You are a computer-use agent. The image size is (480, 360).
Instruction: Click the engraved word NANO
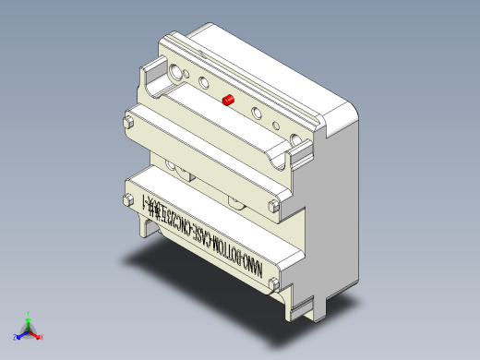point(253,265)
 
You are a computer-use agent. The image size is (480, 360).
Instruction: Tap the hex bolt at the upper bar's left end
point(128,121)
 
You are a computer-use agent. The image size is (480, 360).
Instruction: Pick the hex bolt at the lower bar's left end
point(128,200)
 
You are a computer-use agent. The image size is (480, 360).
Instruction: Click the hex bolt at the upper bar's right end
point(273,208)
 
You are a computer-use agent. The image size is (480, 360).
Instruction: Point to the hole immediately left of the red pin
point(203,83)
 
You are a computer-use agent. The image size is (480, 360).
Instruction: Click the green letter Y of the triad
point(30,313)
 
